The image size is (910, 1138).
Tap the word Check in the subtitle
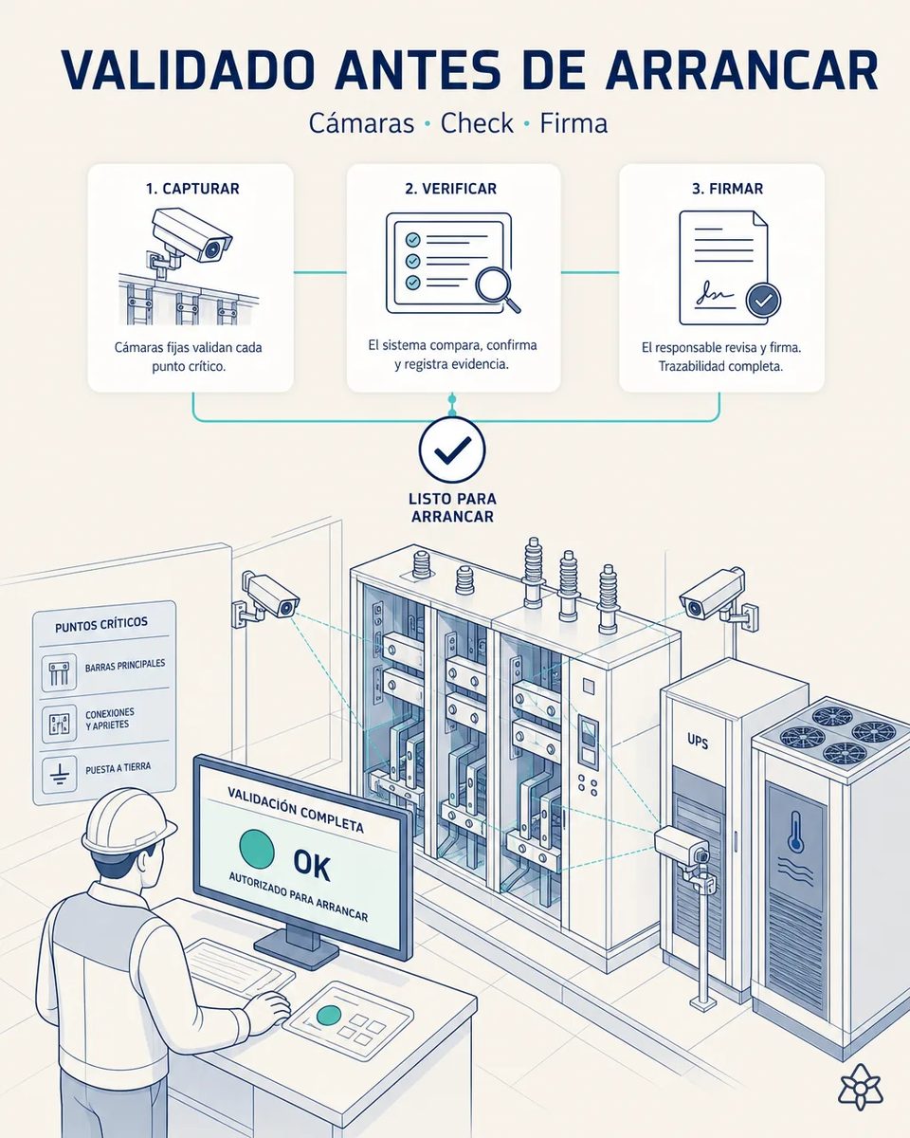[477, 123]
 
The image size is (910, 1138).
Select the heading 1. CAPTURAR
[193, 189]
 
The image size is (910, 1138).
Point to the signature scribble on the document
[715, 293]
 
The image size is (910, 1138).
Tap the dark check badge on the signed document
[763, 301]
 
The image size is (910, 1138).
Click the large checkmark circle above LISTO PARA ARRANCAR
[452, 449]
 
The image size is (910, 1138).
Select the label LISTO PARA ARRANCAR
[452, 507]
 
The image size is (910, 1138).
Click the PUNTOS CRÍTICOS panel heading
[101, 624]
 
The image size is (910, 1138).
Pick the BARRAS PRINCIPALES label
[125, 665]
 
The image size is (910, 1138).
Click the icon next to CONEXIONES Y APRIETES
[59, 724]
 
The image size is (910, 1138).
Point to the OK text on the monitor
[312, 865]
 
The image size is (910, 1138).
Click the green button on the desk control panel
[328, 1015]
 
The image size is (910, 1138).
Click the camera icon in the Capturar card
[191, 239]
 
